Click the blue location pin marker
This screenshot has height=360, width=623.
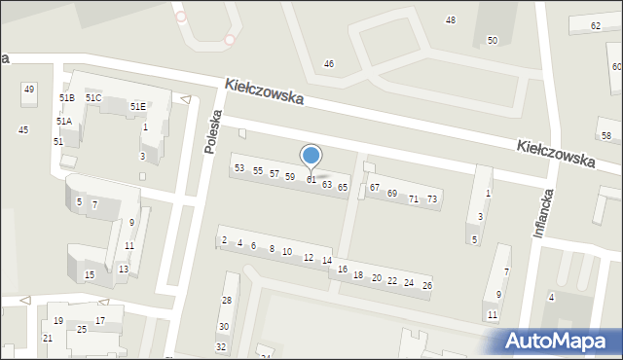311,156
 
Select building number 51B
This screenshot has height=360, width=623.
66,98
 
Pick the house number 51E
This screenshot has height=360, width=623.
138,106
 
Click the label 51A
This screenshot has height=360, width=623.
63,122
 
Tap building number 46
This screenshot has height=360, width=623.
329,64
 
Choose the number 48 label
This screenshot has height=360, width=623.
450,20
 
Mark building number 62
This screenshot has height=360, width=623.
596,26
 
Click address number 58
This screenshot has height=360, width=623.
605,135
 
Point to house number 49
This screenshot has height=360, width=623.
29,90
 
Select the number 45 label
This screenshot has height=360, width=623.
23,129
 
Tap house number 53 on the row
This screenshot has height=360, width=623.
239,168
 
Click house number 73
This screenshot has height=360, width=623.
432,199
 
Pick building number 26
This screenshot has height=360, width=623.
426,285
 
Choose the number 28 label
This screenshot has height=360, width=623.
226,302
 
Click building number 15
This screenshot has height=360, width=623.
90,275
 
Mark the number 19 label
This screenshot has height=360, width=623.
58,321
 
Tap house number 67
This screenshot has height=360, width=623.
374,187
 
